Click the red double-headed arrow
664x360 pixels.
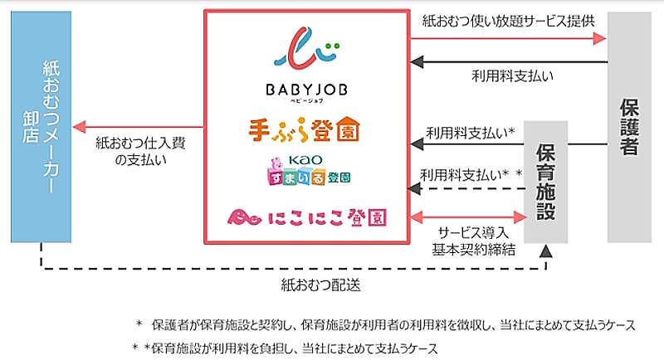point(470,217)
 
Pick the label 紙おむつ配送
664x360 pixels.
point(312,285)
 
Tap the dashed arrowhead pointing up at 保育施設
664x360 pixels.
point(547,251)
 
